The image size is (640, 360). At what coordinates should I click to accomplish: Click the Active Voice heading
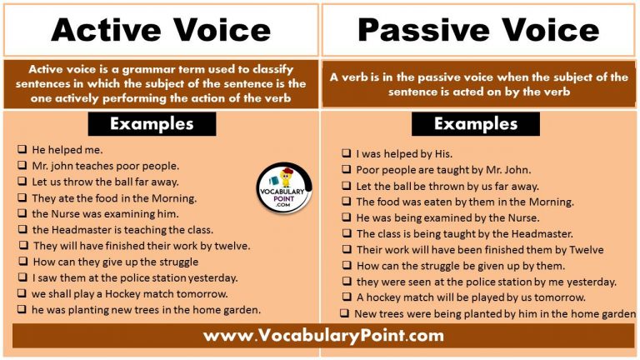pos(161,30)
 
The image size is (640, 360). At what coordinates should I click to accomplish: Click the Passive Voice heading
pos(478,30)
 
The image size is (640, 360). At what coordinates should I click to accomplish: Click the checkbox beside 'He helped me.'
pos(22,150)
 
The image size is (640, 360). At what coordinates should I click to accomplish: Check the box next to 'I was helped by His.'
pos(346,154)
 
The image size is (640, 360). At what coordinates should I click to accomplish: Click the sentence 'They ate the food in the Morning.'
pos(114,197)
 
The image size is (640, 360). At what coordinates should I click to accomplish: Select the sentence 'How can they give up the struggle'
pos(115,262)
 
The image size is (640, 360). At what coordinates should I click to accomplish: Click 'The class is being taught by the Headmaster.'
pos(464,233)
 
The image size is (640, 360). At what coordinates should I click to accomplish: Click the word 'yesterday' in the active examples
pos(212,277)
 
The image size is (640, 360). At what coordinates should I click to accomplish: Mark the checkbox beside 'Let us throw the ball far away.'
pos(22,182)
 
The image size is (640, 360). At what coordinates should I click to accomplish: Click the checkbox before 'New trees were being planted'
pos(343,313)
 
